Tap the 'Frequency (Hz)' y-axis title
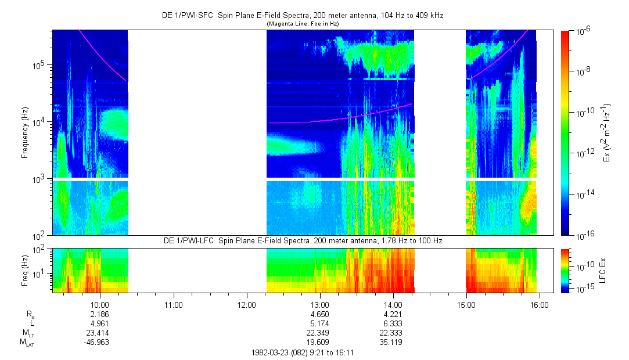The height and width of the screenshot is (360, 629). click(x=25, y=132)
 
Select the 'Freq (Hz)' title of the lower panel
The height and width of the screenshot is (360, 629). click(x=25, y=271)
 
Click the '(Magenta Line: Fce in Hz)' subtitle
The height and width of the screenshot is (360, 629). click(x=302, y=24)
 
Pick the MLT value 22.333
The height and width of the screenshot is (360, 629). click(x=393, y=333)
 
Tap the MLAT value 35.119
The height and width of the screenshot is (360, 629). click(x=393, y=342)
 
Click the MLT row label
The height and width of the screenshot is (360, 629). click(x=27, y=333)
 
